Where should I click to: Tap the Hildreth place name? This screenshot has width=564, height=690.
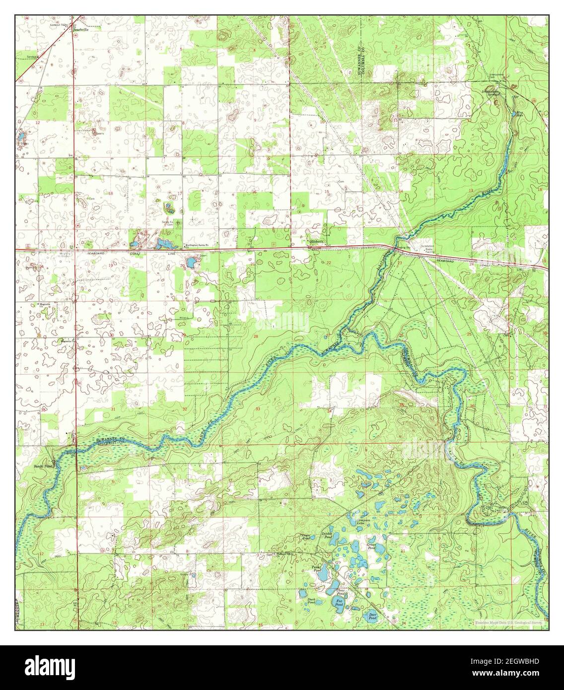[316, 241]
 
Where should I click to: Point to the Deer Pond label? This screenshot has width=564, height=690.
[372, 617]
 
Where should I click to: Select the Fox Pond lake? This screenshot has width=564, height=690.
[338, 605]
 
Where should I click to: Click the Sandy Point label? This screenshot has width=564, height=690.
[42, 466]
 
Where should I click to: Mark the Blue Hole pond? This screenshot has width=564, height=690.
[514, 114]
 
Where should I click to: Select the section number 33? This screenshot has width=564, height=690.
[257, 409]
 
